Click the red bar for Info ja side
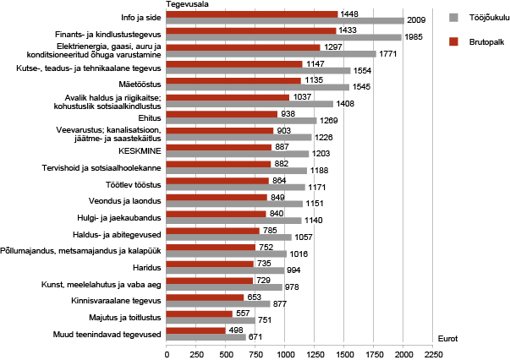(252, 14)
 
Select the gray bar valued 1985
(283, 37)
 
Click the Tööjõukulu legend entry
(479, 16)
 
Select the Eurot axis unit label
(447, 338)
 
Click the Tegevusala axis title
(187, 4)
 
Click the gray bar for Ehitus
(241, 120)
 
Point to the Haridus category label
(146, 265)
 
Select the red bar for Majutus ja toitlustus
(200, 314)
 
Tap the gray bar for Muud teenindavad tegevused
(206, 336)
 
